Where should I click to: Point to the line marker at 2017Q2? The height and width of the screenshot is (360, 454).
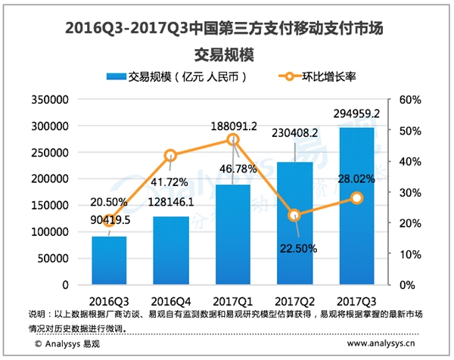point(295,216)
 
